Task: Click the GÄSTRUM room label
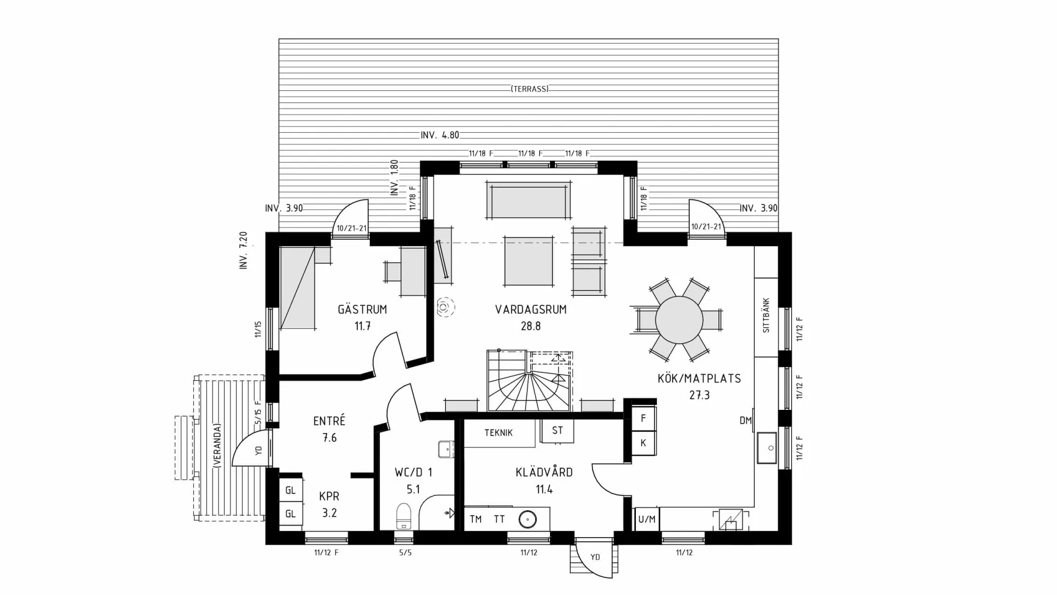coord(362,310)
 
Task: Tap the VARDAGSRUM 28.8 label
coord(531,317)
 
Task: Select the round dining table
coord(679,320)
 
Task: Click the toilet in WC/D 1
coord(404,516)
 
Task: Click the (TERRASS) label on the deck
coord(530,89)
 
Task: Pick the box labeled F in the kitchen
coord(643,419)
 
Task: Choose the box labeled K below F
coord(643,443)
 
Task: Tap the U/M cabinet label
coord(647,519)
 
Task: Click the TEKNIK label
coord(498,433)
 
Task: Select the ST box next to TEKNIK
coord(557,430)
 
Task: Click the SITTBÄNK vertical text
coord(766,316)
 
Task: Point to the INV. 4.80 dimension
coord(439,135)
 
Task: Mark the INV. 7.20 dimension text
coord(243,250)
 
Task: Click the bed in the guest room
coord(297,289)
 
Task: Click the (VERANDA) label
coord(217,446)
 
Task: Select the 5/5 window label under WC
coord(405,553)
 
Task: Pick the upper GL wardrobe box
coord(290,490)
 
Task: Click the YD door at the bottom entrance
coord(595,557)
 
